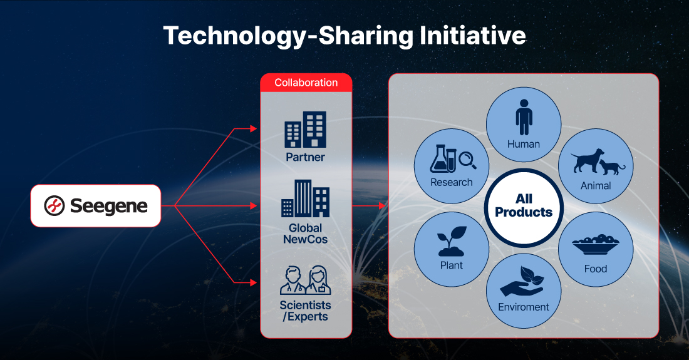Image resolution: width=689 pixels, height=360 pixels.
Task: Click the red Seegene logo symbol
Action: tap(54, 205)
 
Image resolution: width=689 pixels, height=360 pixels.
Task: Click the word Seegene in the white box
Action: tap(109, 206)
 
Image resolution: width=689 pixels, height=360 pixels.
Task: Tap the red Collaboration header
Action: tap(306, 83)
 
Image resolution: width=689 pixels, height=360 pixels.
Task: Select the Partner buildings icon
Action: tap(306, 129)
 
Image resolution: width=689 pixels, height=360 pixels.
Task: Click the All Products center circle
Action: tap(524, 206)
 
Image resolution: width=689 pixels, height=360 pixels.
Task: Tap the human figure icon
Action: tap(524, 117)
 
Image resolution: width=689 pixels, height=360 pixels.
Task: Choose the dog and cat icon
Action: tap(598, 162)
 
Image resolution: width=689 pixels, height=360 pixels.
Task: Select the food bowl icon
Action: tap(596, 245)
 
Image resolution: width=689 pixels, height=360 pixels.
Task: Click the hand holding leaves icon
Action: tap(522, 281)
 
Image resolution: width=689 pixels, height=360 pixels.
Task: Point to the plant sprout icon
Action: tap(451, 241)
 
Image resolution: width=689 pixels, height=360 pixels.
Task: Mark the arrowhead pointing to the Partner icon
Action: tap(254, 128)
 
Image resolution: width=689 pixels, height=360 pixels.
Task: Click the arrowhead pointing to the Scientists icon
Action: tap(254, 283)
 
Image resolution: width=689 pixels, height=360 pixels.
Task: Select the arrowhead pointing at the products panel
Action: tap(382, 205)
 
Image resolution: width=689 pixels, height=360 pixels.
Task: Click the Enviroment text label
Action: tap(524, 307)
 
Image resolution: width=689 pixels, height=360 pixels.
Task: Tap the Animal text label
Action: tap(596, 186)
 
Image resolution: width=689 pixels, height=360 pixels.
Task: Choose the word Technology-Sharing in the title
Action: tap(288, 36)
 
